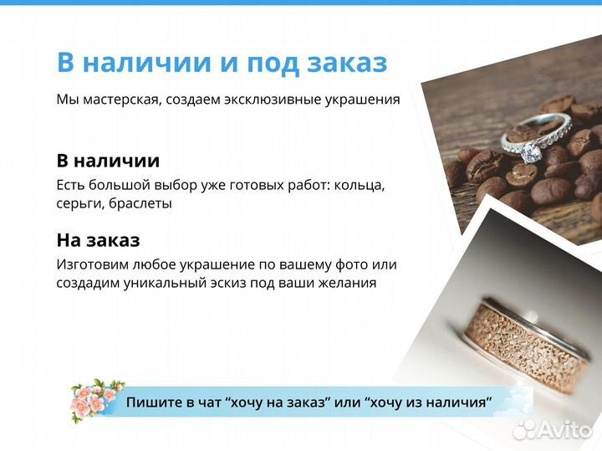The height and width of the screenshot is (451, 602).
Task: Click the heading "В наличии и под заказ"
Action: point(222,62)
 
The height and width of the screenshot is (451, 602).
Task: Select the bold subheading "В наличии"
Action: point(108,161)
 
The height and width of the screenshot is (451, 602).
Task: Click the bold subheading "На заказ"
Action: point(98,240)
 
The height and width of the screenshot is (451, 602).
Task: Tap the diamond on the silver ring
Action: point(531,153)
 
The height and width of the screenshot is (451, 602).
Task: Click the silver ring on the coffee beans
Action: point(535,139)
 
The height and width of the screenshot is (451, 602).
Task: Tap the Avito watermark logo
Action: point(553,429)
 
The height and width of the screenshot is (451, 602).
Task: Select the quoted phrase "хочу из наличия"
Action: point(427,402)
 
